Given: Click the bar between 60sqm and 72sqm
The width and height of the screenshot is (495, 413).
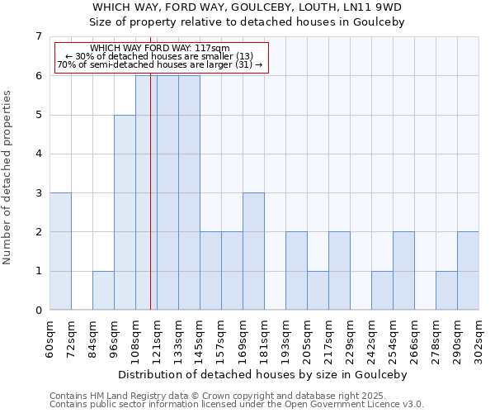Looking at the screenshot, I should [60, 251].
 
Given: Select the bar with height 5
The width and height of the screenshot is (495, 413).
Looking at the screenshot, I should [125, 212].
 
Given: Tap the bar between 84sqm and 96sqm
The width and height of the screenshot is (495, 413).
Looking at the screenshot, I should [103, 290].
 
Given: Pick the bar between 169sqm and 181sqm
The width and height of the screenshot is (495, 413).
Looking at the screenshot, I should [253, 251].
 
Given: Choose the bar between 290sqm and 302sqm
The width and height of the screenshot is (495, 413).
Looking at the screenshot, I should [468, 271].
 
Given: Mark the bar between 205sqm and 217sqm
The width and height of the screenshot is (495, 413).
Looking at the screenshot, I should [318, 290].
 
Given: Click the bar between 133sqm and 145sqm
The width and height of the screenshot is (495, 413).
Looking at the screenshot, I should [189, 192].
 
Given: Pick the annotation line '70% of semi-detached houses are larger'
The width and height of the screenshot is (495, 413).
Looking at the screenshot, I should [160, 64].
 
